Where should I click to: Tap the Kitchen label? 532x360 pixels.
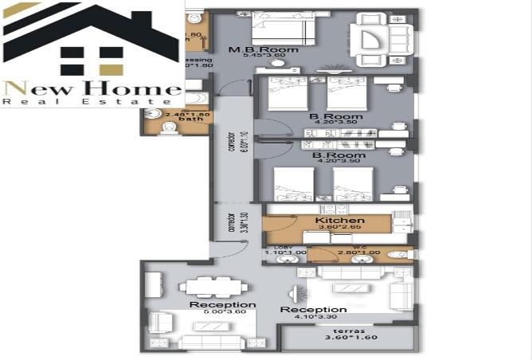pyautogui.click(x=340, y=221)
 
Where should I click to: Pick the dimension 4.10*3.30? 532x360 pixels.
pyautogui.click(x=314, y=317)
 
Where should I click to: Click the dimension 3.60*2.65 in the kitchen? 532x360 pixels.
pyautogui.click(x=340, y=228)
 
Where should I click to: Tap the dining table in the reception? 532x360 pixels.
pyautogui.click(x=207, y=286)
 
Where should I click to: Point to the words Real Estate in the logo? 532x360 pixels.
pyautogui.click(x=92, y=102)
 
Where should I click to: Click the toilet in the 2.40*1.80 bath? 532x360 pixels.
pyautogui.click(x=166, y=126)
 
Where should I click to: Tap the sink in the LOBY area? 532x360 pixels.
pyautogui.click(x=285, y=260)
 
